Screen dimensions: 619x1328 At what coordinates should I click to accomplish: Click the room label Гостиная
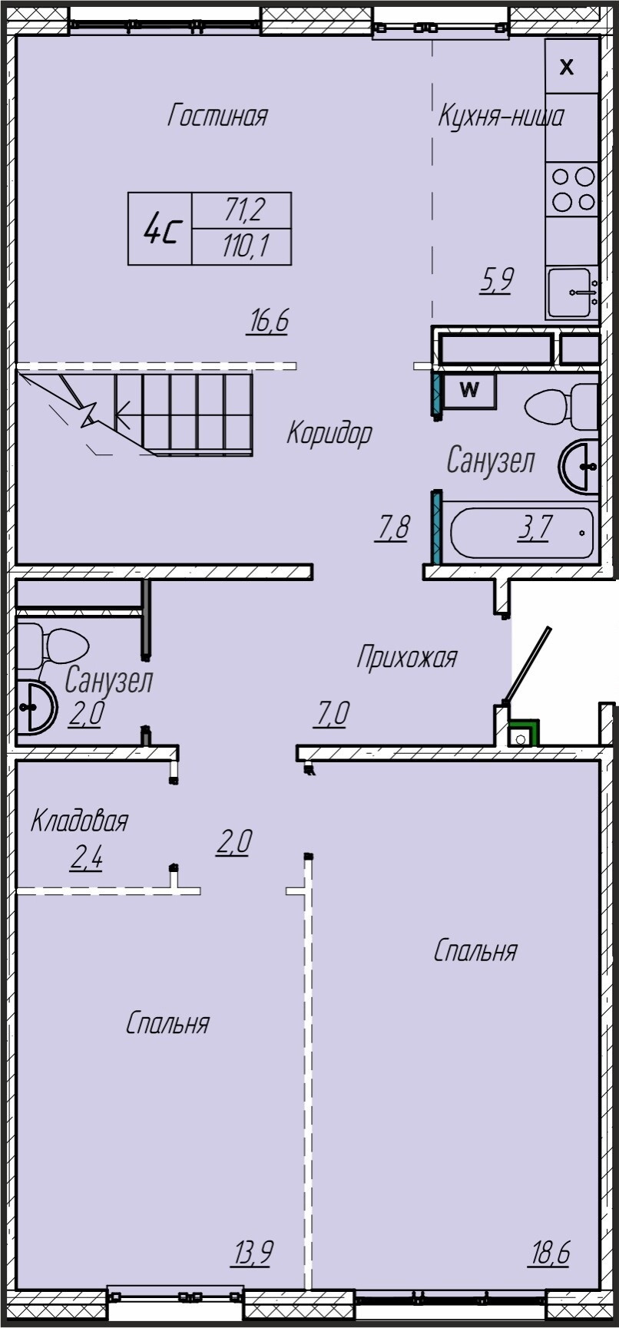(218, 117)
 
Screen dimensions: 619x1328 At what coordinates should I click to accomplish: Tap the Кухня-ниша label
(501, 116)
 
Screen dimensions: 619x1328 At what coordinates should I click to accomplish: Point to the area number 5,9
(496, 280)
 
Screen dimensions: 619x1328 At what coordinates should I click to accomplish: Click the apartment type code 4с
(163, 229)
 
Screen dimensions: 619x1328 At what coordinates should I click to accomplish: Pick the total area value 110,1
(245, 247)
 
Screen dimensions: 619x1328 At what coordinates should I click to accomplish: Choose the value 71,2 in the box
(245, 210)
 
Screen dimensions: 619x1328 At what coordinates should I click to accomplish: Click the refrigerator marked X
(572, 67)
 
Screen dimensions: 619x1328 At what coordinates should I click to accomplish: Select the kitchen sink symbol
(573, 292)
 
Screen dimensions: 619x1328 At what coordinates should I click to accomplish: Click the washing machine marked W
(468, 390)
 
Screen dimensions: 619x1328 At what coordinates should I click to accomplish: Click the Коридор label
(329, 434)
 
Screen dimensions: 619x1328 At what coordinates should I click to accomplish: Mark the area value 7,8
(394, 529)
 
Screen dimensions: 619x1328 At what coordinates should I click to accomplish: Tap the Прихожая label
(407, 658)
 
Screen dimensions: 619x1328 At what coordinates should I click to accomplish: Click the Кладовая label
(79, 822)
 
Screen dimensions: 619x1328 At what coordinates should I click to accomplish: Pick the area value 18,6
(549, 1255)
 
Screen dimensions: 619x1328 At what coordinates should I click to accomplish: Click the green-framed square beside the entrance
(524, 733)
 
